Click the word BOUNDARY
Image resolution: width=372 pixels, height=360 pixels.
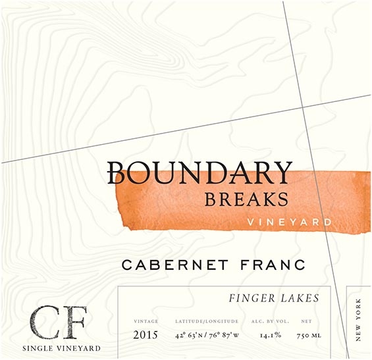[199, 172]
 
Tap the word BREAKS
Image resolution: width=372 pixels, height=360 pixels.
[246, 198]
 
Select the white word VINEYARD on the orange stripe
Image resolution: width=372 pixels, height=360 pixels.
[289, 222]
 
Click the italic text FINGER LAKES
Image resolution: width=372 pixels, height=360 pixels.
[273, 298]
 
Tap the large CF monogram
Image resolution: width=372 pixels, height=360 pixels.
[49, 322]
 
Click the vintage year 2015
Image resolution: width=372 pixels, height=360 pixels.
[146, 334]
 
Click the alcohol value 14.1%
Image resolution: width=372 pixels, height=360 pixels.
[270, 334]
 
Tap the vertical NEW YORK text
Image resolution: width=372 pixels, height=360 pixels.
[358, 319]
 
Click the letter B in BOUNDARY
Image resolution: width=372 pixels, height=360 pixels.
[117, 172]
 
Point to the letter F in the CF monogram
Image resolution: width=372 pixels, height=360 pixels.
[65, 322]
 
